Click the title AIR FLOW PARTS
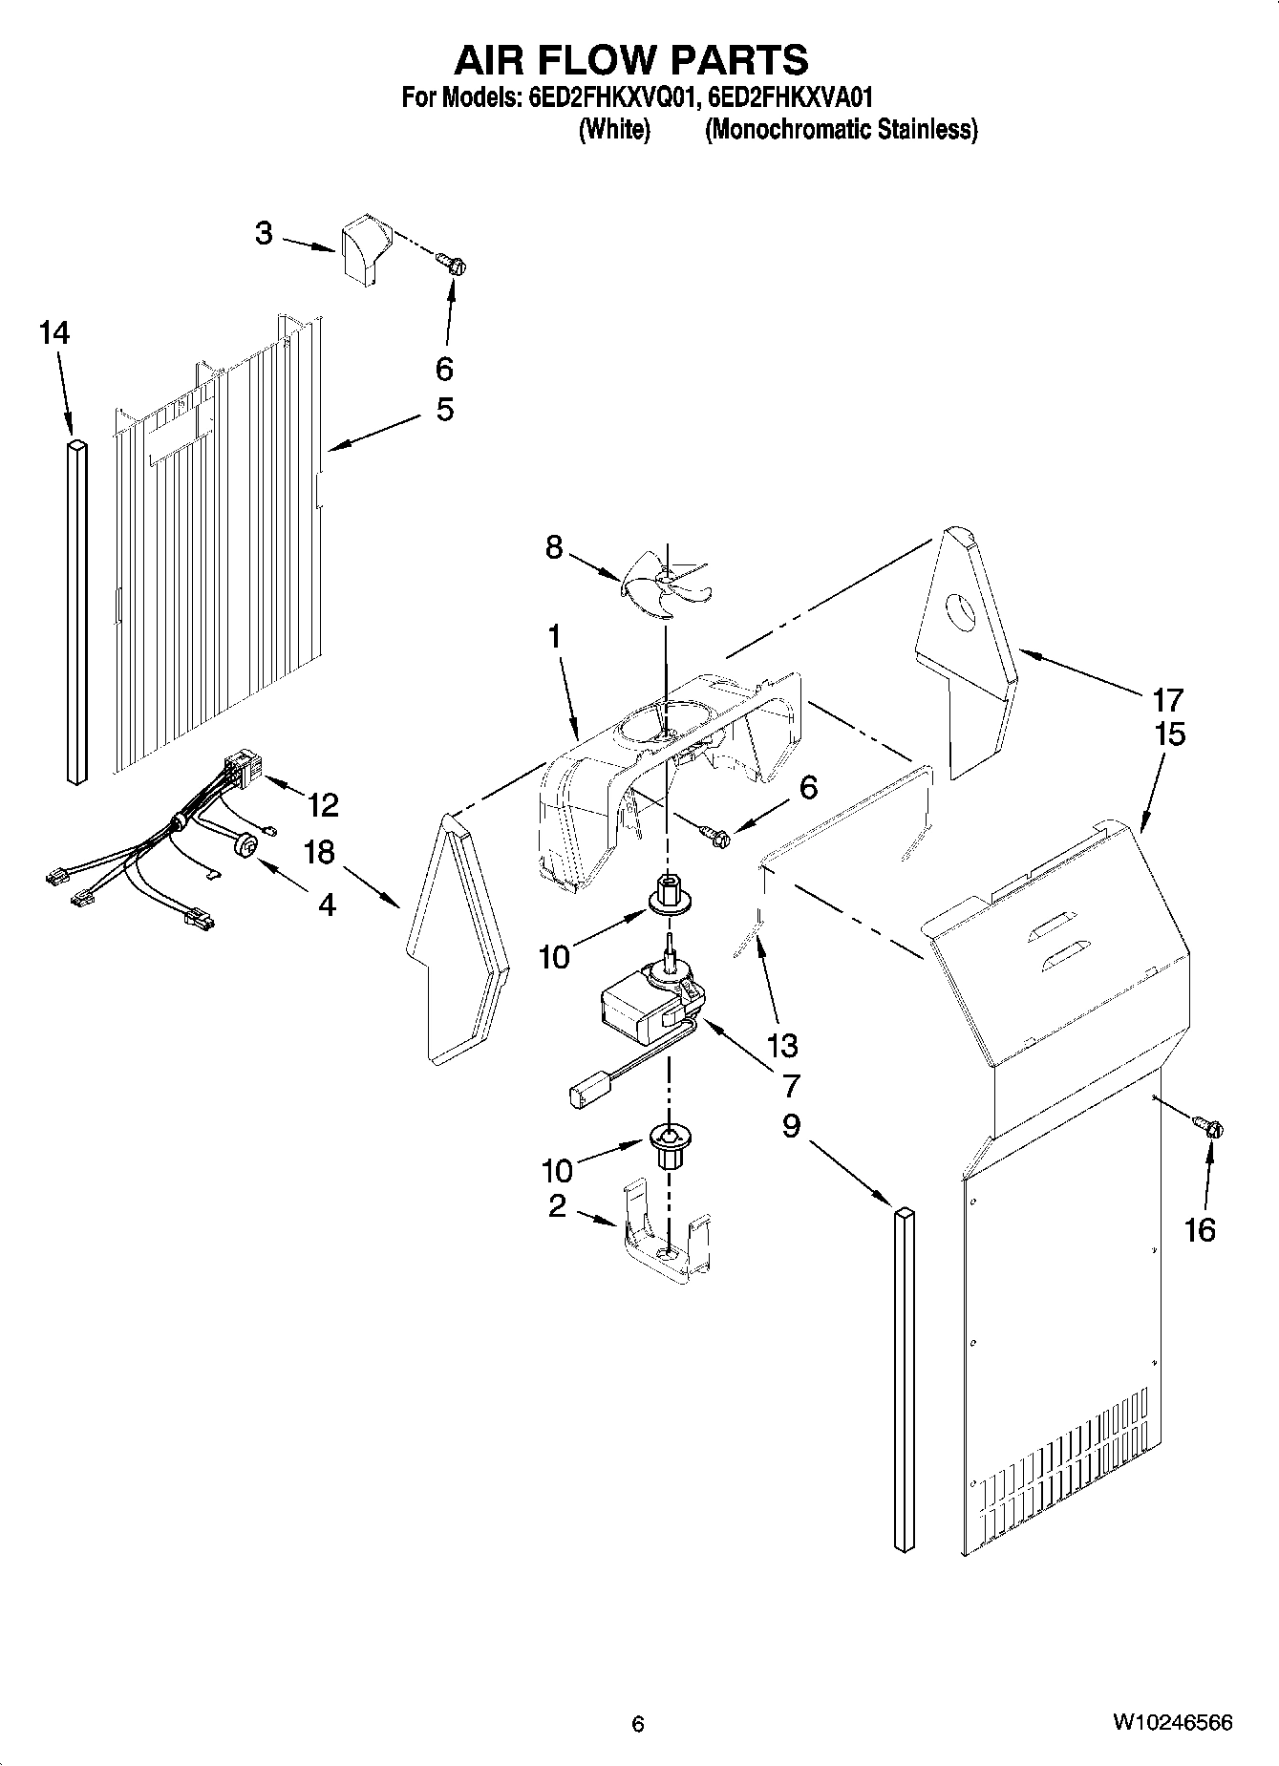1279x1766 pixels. click(x=630, y=59)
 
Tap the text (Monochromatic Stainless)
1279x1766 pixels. click(x=841, y=129)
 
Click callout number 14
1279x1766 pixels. click(x=54, y=333)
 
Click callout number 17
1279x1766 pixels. click(x=1167, y=699)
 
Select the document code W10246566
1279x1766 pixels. click(x=1171, y=1723)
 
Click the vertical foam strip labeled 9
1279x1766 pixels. click(x=904, y=1384)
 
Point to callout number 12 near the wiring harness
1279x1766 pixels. click(x=323, y=805)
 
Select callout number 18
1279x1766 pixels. click(x=319, y=851)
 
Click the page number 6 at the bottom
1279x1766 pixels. click(x=638, y=1723)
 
